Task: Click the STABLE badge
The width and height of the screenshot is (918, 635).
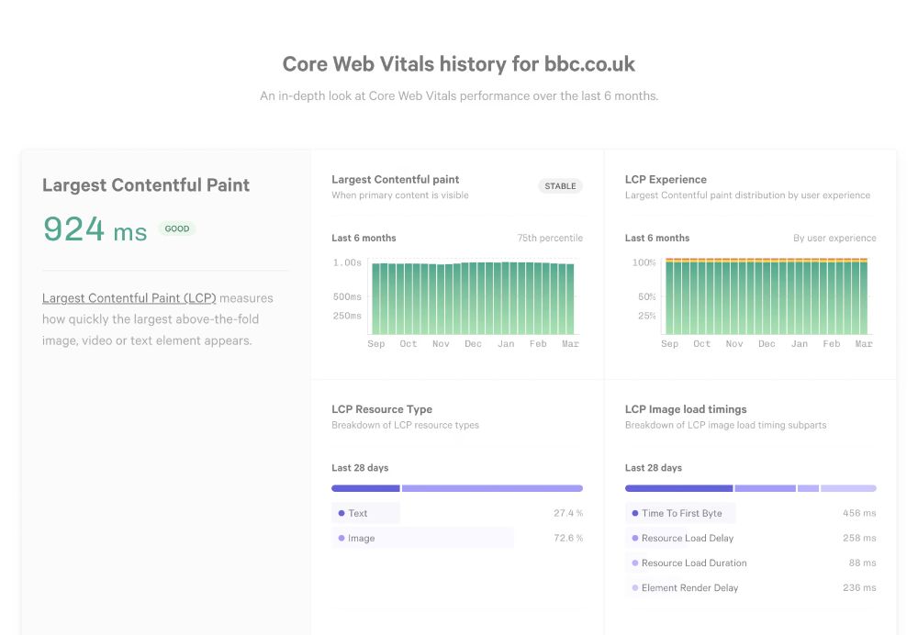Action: point(560,186)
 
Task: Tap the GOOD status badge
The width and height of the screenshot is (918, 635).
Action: point(177,228)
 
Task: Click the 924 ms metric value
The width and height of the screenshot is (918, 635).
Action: point(95,229)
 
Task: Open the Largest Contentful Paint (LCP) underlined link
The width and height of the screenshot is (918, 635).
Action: point(129,298)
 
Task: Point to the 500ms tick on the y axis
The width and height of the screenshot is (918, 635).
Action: point(346,296)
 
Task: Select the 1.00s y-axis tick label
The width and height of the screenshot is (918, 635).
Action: point(346,262)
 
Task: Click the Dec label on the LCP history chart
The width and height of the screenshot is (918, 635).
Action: point(473,344)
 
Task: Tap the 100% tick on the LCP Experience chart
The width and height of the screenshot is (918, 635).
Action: point(644,262)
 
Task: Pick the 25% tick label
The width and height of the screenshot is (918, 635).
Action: point(646,316)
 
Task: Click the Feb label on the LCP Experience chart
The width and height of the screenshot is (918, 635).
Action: point(831,344)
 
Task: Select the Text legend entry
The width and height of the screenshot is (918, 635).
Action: point(357,513)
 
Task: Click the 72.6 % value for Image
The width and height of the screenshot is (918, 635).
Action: point(568,538)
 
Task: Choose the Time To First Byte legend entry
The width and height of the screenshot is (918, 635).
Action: point(681,513)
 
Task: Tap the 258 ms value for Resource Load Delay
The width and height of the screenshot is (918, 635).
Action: point(859,538)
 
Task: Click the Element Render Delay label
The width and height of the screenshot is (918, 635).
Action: point(689,587)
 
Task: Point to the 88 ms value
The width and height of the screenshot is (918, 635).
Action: point(862,563)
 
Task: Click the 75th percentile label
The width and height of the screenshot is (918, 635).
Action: point(549,238)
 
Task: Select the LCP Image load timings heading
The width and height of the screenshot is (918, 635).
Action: point(686,409)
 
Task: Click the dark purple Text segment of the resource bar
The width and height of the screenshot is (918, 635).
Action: point(365,488)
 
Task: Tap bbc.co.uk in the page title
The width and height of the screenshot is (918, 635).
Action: point(589,64)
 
